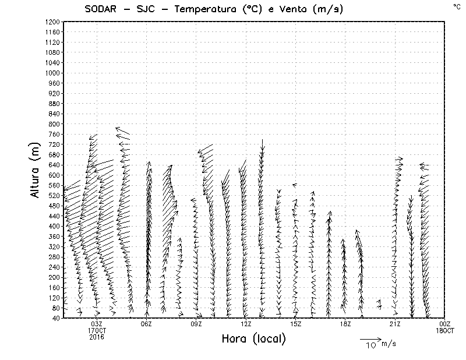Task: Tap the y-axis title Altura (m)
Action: point(36,170)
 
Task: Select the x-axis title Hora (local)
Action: point(253,339)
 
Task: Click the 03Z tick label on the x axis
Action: point(97,324)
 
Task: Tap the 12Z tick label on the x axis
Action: point(246,324)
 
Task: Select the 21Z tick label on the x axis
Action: point(395,324)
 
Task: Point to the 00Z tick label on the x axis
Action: point(445,324)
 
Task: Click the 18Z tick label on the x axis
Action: point(345,324)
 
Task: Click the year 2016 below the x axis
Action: point(97,336)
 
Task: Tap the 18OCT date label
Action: point(445,330)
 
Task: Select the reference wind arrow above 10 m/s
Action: point(370,338)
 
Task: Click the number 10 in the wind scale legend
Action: point(370,345)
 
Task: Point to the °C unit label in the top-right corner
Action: point(457,6)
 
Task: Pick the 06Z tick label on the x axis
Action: point(146,324)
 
